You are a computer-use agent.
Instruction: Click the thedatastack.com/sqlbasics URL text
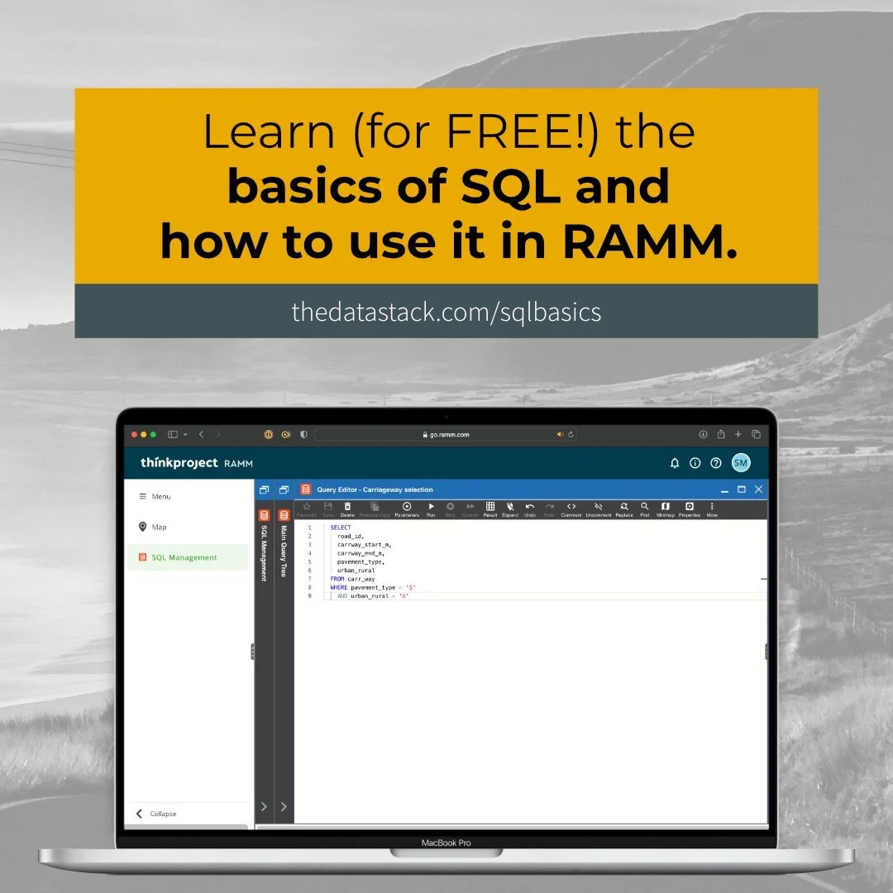tap(446, 312)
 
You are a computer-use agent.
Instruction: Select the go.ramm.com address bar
tap(447, 434)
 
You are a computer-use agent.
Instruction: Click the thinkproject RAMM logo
tap(196, 463)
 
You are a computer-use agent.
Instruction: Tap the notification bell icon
tap(675, 463)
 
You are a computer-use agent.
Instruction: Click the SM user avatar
tap(741, 463)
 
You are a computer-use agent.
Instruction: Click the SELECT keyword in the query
tap(341, 528)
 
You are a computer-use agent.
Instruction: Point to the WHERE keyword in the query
tap(339, 588)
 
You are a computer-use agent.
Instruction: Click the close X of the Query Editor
tap(758, 489)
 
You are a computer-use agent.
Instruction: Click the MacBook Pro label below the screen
tap(446, 843)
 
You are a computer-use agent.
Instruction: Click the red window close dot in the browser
tap(134, 434)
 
